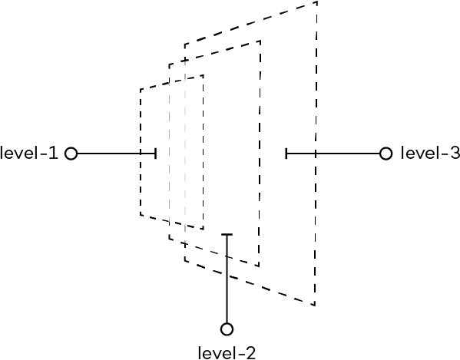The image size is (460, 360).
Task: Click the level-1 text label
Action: point(29,153)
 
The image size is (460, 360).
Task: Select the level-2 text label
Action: point(227,353)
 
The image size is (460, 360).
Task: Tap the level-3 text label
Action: point(430,153)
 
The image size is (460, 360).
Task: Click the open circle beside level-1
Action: point(71,154)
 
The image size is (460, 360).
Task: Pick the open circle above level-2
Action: point(227,329)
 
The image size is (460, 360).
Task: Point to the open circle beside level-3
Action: point(386,154)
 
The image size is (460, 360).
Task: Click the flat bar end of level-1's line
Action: point(155,154)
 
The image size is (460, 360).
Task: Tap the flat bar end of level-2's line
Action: point(227,235)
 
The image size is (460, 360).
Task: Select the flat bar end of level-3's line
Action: point(286,154)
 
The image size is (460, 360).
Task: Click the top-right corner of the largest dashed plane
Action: point(317,2)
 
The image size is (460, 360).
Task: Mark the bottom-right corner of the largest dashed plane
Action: point(315,306)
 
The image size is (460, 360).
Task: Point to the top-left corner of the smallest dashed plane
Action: point(141,89)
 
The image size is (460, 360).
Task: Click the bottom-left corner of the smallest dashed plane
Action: point(141,215)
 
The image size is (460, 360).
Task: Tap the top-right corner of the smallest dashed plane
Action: point(204,75)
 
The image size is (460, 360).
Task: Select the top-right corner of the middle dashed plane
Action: point(260,41)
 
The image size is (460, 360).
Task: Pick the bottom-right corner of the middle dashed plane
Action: point(259,266)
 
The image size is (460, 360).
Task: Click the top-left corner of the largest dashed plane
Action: point(185,45)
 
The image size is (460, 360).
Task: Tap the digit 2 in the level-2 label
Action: point(250,353)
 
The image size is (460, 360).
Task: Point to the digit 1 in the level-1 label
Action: point(54,153)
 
